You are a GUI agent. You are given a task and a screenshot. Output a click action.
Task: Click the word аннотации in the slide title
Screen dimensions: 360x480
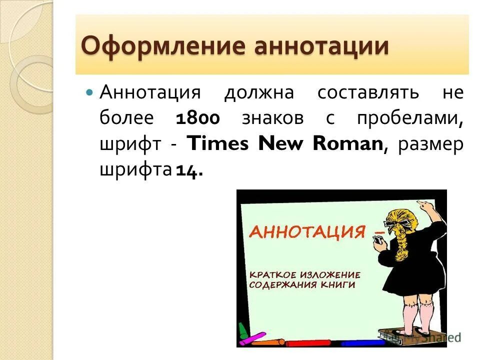(x=321, y=46)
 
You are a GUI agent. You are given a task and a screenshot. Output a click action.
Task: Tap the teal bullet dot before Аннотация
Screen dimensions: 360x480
(x=90, y=92)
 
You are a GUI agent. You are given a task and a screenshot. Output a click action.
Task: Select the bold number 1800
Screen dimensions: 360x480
(x=198, y=119)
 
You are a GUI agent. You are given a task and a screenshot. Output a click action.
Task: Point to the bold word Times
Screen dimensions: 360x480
(x=217, y=144)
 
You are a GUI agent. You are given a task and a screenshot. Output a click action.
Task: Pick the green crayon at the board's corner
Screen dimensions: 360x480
(x=243, y=330)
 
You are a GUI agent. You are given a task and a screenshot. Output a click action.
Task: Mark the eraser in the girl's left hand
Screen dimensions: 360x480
(x=378, y=241)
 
